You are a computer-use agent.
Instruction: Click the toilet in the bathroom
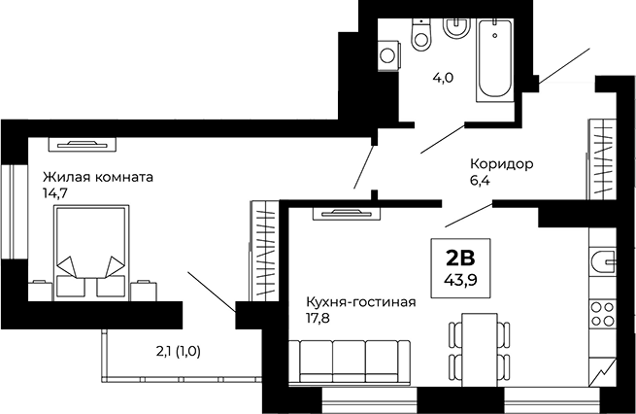421,35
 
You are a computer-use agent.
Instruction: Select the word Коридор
501,164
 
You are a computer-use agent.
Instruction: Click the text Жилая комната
97,178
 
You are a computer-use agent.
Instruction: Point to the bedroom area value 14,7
55,193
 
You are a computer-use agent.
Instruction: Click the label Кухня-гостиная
360,301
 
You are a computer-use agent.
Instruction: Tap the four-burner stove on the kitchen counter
603,316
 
